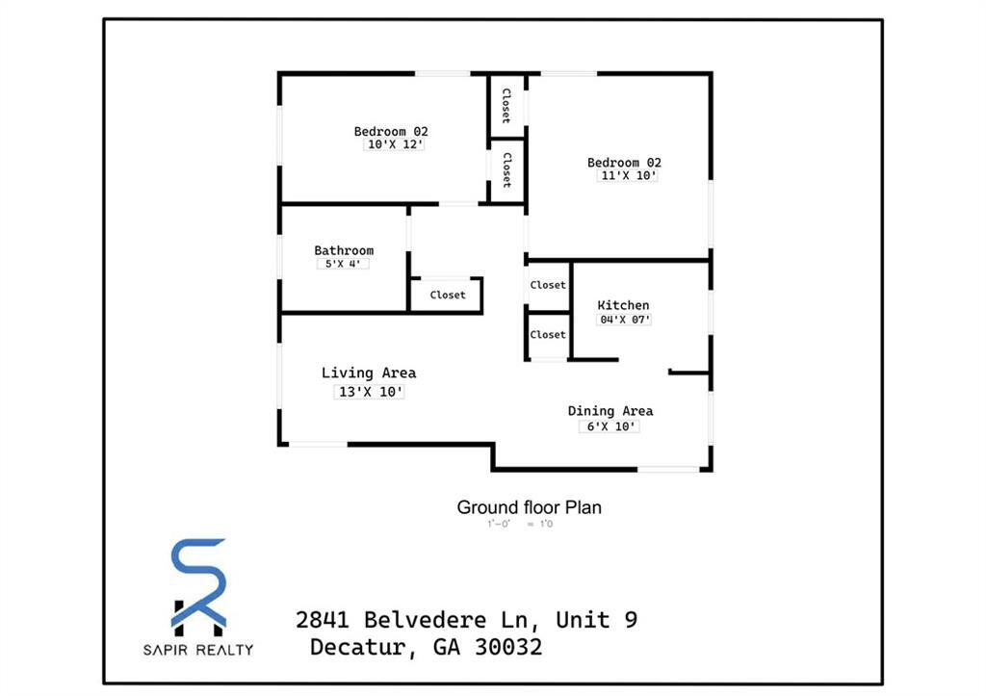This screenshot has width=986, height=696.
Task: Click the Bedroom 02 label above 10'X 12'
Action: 391,132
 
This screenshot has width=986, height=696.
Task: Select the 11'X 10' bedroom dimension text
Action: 623,176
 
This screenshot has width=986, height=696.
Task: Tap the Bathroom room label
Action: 344,251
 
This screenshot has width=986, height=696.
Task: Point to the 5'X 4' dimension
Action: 344,264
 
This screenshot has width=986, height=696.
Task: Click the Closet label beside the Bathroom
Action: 447,296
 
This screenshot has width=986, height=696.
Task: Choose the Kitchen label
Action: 623,306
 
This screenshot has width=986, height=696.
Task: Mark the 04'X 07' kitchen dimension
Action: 624,320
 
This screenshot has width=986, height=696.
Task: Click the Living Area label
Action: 369,374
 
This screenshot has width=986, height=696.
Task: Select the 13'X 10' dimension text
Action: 369,392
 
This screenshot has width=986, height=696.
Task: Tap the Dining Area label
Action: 610,411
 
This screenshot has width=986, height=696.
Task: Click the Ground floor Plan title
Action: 529,507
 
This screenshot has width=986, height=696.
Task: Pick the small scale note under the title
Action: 520,525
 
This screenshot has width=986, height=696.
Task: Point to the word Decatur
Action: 363,647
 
